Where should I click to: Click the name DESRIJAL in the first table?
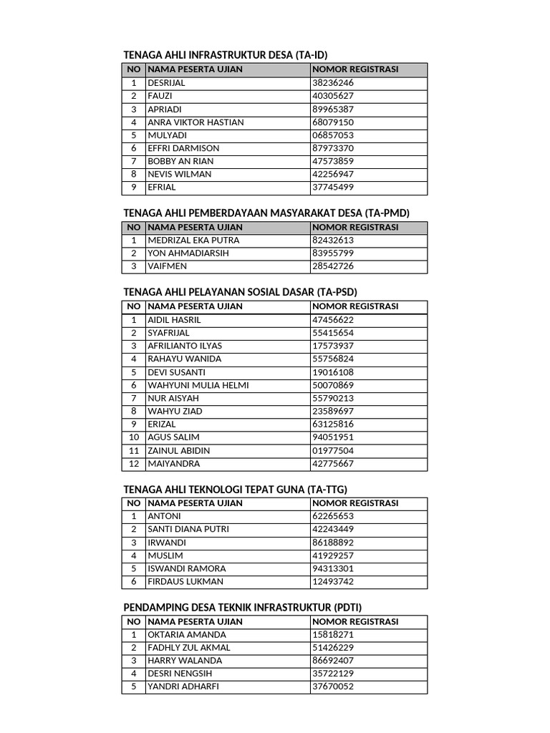pyautogui.click(x=166, y=83)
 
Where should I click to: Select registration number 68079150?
pyautogui.click(x=333, y=122)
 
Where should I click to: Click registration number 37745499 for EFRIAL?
pyautogui.click(x=333, y=188)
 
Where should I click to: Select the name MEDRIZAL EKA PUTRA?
pyautogui.click(x=193, y=241)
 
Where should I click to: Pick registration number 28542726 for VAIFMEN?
pyautogui.click(x=333, y=266)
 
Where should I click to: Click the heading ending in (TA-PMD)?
pyautogui.click(x=266, y=213)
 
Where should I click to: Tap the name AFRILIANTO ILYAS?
pyautogui.click(x=185, y=346)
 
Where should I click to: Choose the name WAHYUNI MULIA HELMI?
pyautogui.click(x=198, y=385)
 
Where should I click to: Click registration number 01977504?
pyautogui.click(x=333, y=451)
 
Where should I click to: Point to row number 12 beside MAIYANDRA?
pyautogui.click(x=133, y=464)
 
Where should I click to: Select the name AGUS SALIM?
pyautogui.click(x=174, y=437)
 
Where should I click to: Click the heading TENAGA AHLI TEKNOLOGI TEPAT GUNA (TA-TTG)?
pyautogui.click(x=235, y=489)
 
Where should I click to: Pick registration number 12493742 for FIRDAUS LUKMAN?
pyautogui.click(x=333, y=582)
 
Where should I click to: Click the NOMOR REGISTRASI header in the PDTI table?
pyautogui.click(x=355, y=621)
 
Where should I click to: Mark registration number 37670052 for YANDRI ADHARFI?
pyautogui.click(x=333, y=686)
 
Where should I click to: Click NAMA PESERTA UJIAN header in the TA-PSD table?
pyautogui.click(x=195, y=306)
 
